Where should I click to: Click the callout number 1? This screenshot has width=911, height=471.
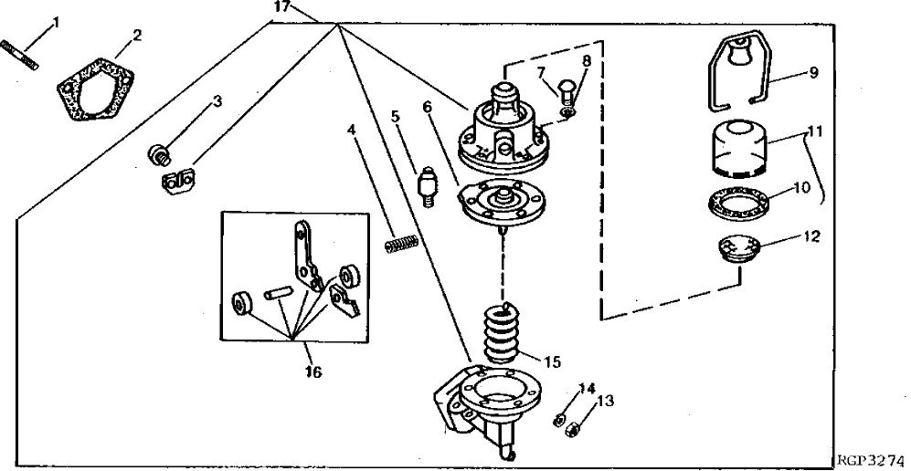pyautogui.click(x=55, y=19)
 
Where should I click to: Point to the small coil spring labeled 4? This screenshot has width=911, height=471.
pyautogui.click(x=401, y=243)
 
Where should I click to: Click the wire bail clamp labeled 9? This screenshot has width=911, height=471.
pyautogui.click(x=742, y=69)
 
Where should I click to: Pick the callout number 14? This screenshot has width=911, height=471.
pyautogui.click(x=586, y=389)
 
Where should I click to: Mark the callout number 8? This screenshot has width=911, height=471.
pyautogui.click(x=586, y=62)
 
